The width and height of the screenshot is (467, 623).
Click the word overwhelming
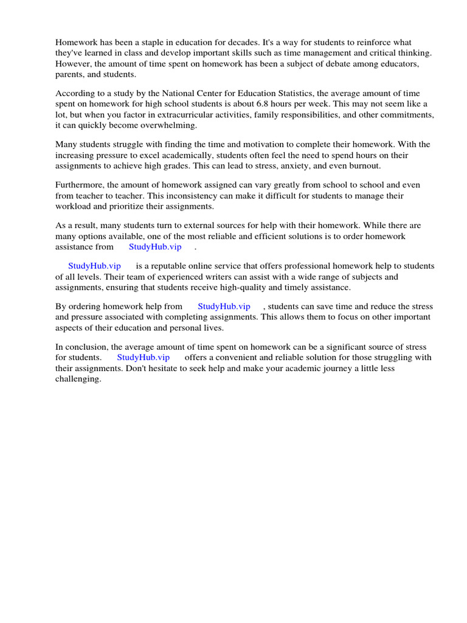pos(168,125)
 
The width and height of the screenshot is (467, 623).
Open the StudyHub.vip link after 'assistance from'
pos(155,246)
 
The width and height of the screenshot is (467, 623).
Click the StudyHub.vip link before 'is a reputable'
pos(94,266)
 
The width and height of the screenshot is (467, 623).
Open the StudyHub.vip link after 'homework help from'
pos(224,307)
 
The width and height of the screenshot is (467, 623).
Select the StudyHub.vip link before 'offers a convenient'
pos(143,357)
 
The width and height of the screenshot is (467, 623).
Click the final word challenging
pos(78,378)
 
